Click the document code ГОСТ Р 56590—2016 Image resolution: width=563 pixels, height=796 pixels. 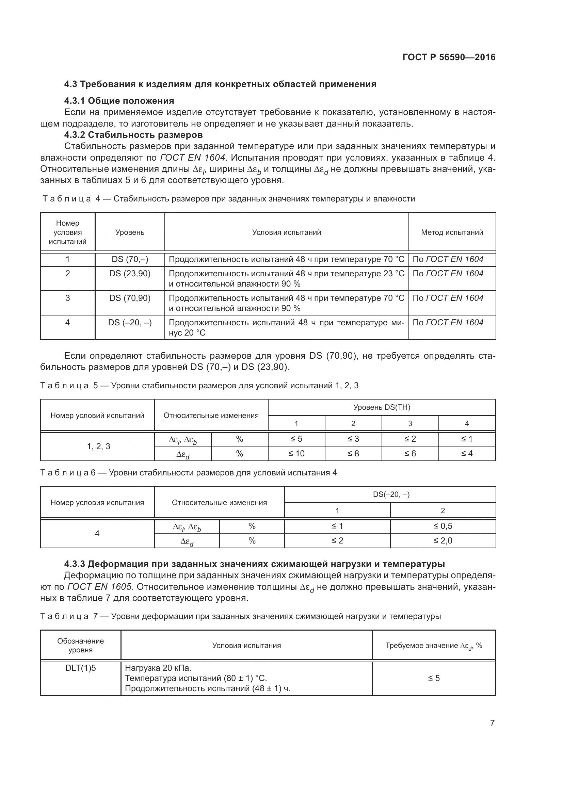(x=449, y=57)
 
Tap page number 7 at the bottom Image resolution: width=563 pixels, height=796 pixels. (x=492, y=723)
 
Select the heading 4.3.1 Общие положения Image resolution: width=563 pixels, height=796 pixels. (x=119, y=101)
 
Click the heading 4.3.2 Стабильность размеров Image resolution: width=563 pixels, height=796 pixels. (x=133, y=134)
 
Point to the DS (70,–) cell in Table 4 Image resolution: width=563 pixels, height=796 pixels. (x=130, y=259)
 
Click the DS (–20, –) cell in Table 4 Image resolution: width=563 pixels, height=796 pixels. (x=130, y=322)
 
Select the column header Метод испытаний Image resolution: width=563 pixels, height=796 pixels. (x=452, y=232)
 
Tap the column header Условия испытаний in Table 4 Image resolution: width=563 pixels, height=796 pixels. (x=286, y=232)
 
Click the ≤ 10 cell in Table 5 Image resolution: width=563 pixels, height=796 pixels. (x=296, y=453)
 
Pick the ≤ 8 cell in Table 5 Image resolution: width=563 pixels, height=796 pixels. (x=353, y=453)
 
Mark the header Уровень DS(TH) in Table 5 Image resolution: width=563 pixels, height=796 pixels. (x=381, y=407)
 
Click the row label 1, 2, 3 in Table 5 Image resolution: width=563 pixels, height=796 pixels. (x=98, y=446)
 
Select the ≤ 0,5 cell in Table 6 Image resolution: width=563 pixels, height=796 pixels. (x=443, y=526)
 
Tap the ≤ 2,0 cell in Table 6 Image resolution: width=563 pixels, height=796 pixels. (x=443, y=541)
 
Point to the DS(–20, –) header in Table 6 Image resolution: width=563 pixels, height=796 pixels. (x=391, y=495)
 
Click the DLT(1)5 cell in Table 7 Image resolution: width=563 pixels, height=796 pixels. (x=80, y=668)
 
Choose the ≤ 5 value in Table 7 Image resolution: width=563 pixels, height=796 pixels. (x=434, y=678)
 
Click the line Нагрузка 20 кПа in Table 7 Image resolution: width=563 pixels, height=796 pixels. (x=158, y=668)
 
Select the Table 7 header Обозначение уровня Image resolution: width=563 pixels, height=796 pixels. (x=80, y=646)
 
